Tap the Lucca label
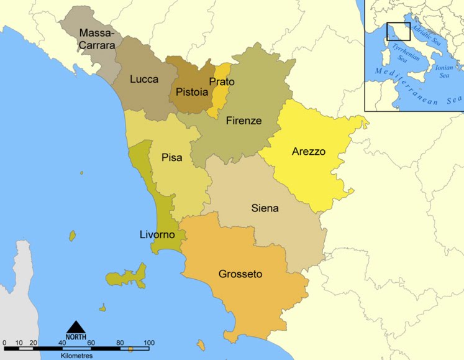(144, 79)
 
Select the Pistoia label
(192, 92)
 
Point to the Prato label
(222, 81)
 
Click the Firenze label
(243, 120)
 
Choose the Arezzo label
(309, 151)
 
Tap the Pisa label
(171, 157)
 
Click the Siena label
(265, 208)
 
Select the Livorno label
(157, 234)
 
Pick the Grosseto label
(240, 274)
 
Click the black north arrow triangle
(76, 327)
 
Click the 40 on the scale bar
(62, 343)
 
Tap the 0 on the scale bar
(4, 343)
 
